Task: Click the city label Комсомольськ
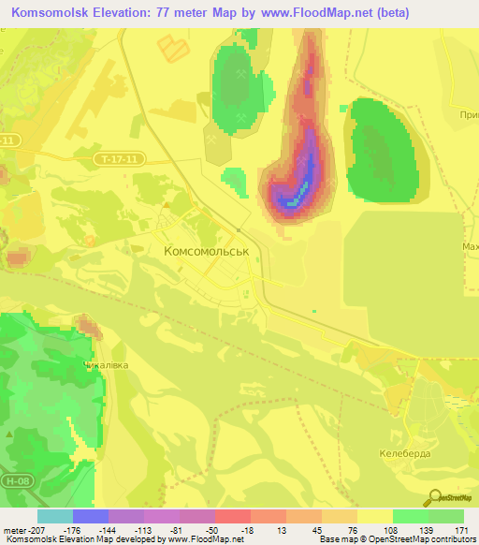[206, 252]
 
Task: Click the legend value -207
[25, 529]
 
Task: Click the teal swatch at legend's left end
[54, 516]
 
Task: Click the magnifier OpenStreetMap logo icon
[435, 497]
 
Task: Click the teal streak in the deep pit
[299, 197]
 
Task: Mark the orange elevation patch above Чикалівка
[90, 328]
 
